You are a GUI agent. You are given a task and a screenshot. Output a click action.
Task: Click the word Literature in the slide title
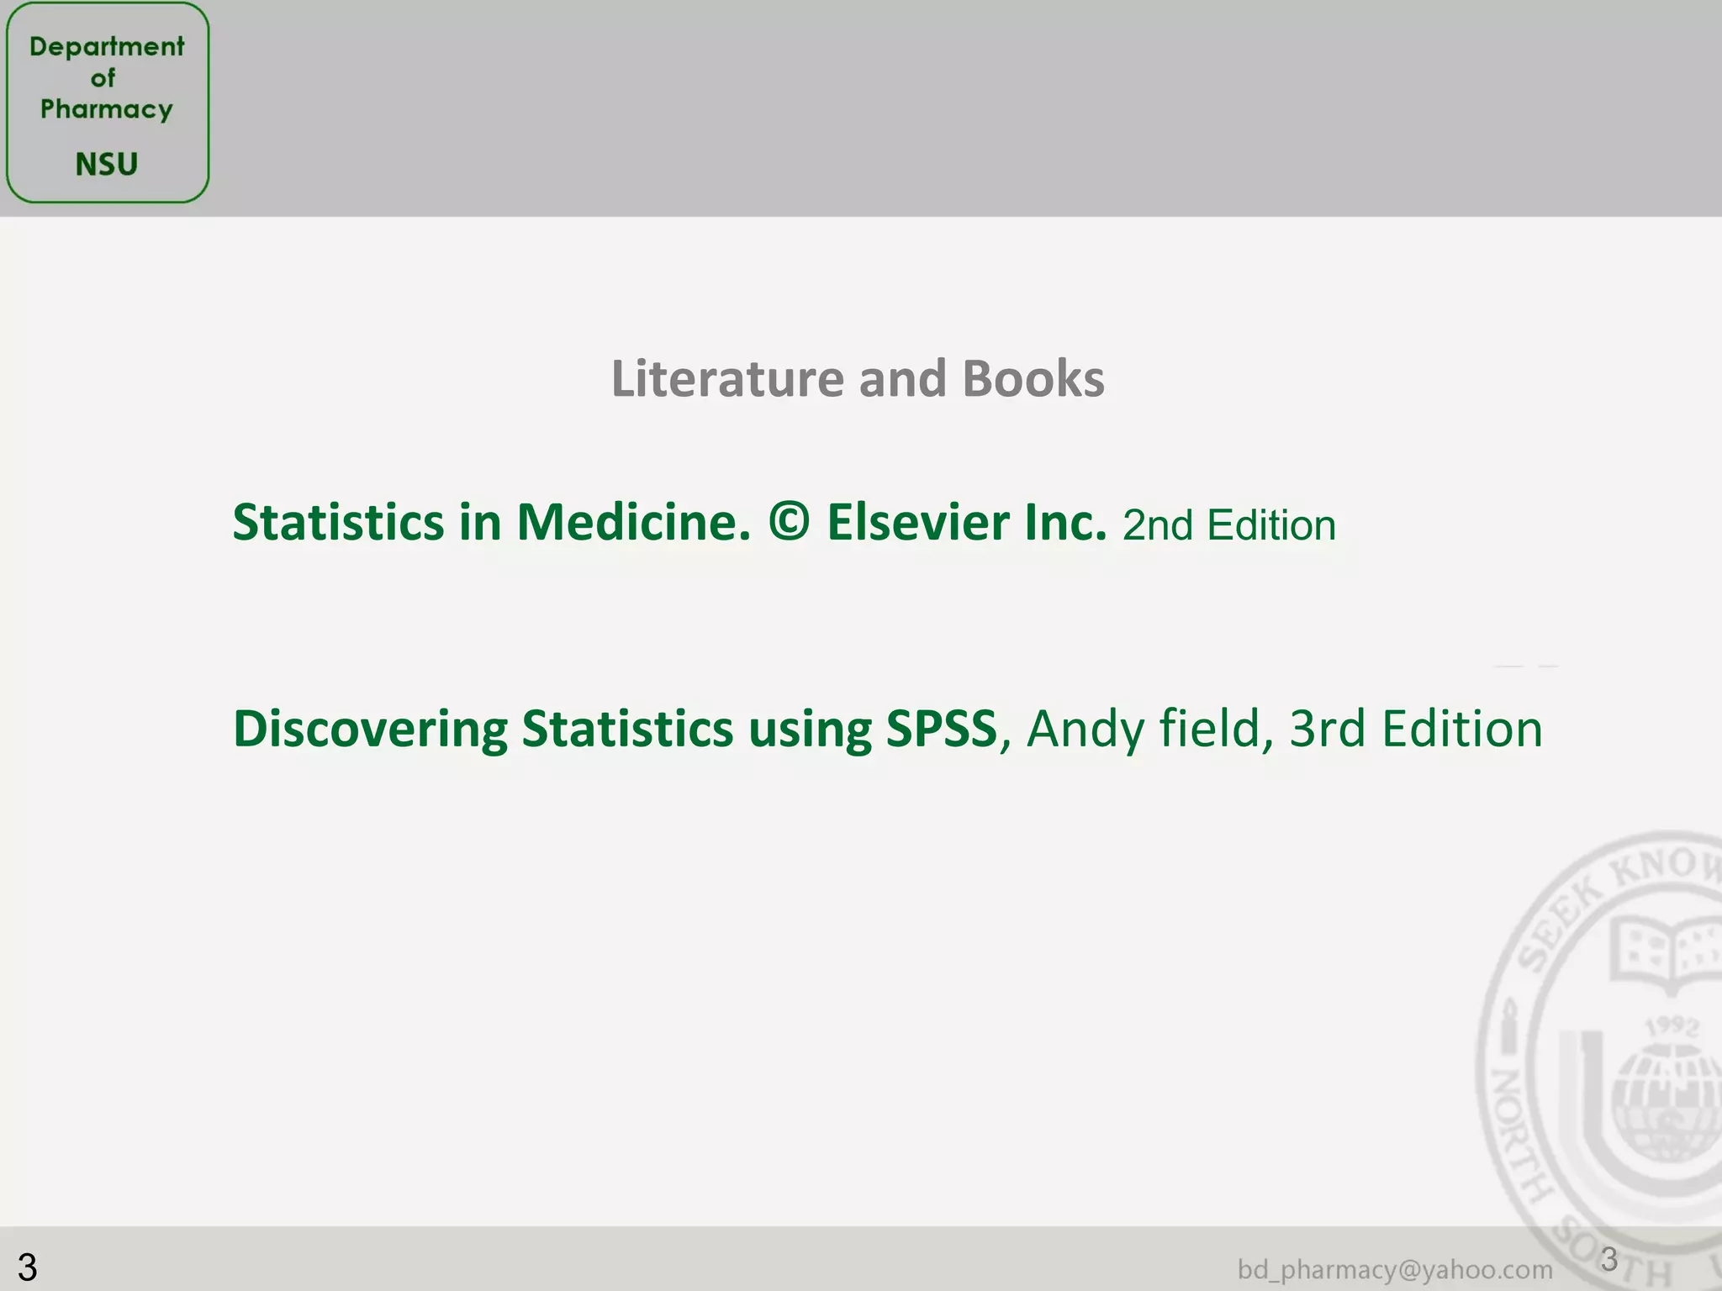tap(726, 378)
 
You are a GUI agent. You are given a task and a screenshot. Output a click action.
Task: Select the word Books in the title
tap(1033, 378)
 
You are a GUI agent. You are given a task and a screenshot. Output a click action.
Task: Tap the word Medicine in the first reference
tap(633, 522)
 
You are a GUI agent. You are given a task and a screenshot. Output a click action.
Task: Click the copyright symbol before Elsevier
tap(789, 522)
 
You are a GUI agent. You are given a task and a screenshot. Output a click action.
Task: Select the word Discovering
tap(370, 729)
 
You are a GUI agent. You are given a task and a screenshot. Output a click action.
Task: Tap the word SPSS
tap(941, 729)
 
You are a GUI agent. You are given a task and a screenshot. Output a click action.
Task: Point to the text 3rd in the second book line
tap(1327, 729)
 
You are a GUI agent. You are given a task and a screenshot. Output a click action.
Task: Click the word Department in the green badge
tap(107, 46)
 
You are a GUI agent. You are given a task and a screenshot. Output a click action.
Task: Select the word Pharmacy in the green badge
tap(107, 109)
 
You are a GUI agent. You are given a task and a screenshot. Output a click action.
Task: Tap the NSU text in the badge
tap(107, 164)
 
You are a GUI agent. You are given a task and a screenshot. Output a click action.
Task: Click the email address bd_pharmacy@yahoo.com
tap(1395, 1269)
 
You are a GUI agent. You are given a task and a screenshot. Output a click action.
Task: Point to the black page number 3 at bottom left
tap(27, 1267)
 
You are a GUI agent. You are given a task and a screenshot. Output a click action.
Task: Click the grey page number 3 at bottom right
tap(1608, 1259)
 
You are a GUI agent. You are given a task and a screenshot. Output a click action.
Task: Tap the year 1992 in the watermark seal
tap(1672, 1026)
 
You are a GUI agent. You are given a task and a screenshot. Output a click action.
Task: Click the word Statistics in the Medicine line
tap(338, 522)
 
